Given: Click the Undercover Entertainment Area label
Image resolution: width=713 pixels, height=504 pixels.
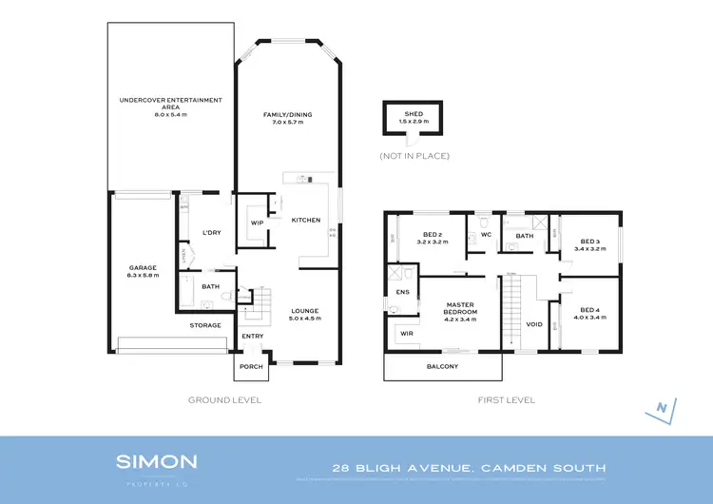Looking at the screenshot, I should [x=171, y=104].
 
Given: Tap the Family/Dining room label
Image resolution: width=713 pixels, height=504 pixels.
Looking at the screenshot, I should [x=287, y=119].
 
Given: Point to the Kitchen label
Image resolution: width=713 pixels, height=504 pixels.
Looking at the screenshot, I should [x=305, y=220].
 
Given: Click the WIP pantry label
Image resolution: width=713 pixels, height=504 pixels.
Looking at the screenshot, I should [x=257, y=223].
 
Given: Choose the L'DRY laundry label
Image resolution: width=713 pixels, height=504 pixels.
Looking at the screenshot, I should [x=212, y=233].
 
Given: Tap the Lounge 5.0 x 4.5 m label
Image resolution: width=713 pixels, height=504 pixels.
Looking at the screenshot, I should [x=305, y=315].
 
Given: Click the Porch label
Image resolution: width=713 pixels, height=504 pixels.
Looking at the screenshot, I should [x=251, y=367].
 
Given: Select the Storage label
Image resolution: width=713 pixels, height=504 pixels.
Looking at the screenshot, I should [x=204, y=325].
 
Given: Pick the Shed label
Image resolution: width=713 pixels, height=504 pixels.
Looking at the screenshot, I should [x=414, y=117].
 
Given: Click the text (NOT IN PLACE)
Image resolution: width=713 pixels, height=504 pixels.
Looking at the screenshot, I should [x=414, y=155].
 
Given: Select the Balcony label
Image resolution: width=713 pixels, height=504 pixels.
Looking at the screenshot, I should [x=442, y=366].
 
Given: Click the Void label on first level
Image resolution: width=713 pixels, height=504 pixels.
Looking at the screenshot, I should [x=534, y=324].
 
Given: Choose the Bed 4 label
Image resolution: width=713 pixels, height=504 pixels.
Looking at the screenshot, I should [x=590, y=313].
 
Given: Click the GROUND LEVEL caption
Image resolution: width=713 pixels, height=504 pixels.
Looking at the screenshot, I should [x=224, y=400].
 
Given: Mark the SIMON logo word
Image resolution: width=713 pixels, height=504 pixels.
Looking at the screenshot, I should [x=157, y=461].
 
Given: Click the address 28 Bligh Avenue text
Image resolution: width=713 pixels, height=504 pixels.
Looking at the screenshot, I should [x=468, y=468].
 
